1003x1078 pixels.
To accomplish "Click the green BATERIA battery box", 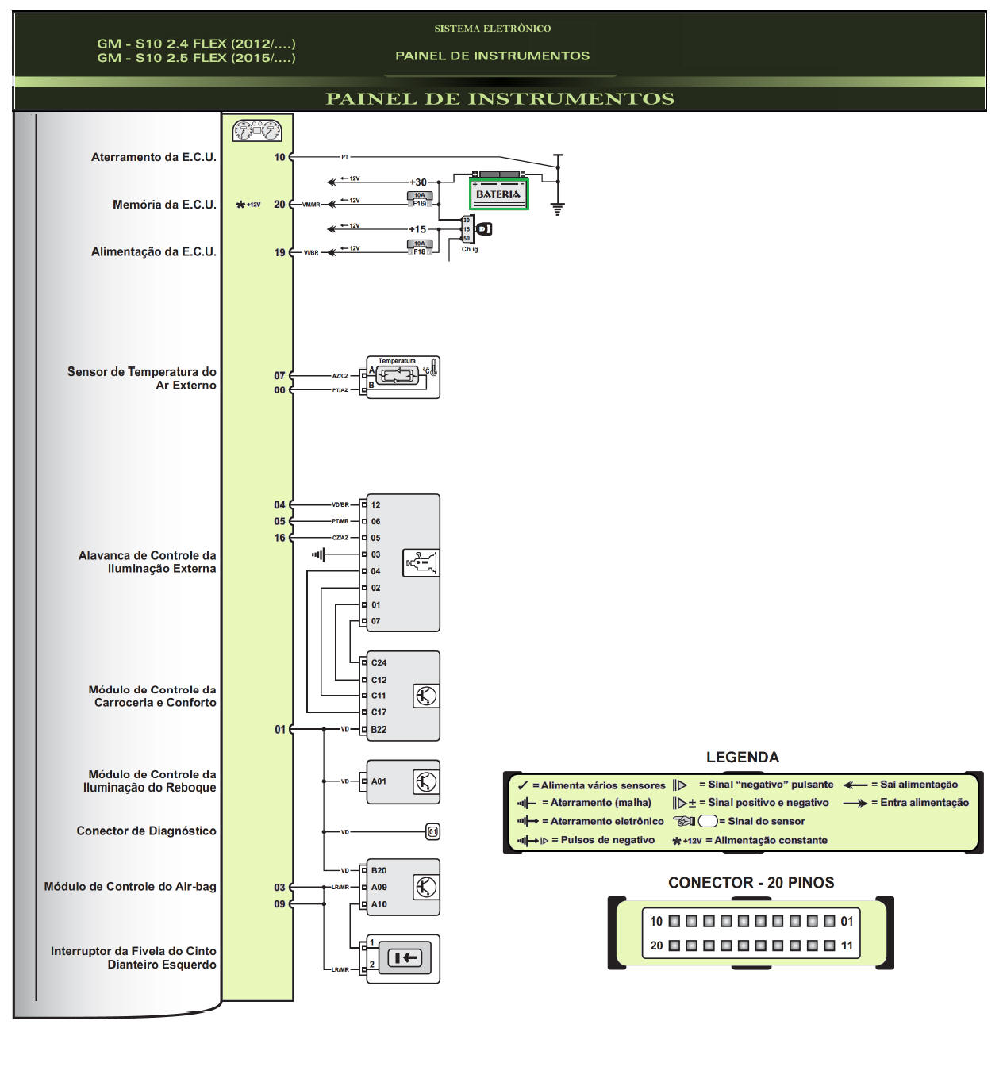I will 498,194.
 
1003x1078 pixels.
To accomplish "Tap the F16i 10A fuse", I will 419,200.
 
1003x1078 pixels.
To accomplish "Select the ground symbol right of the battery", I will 558,209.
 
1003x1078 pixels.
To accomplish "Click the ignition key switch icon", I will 484,229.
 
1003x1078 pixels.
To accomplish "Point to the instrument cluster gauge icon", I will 257,130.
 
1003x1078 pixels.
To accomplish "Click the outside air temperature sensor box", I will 402,377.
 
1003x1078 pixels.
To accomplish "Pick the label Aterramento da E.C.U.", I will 153,157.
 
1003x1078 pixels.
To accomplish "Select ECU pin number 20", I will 279,205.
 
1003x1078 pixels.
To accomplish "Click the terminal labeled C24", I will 379,662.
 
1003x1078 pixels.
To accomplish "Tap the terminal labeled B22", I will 379,730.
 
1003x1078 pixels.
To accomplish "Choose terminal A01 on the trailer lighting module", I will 379,781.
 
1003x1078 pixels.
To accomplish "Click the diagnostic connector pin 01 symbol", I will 432,832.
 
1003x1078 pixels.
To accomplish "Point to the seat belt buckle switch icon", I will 404,958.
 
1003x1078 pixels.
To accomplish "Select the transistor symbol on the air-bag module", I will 425,887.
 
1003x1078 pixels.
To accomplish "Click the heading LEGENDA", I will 743,758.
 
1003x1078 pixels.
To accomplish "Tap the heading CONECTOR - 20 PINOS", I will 751,883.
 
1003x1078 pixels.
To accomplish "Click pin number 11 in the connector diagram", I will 847,946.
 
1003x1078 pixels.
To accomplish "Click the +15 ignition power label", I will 417,229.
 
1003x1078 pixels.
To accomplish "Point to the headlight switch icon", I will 421,563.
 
